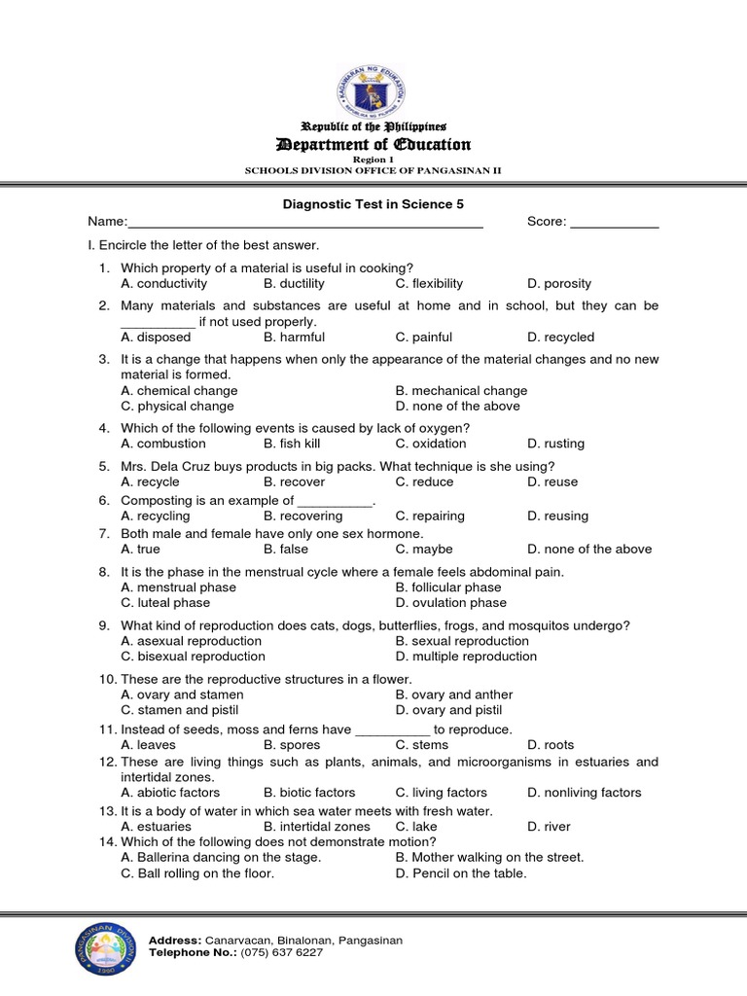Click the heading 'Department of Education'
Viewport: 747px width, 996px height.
pyautogui.click(x=373, y=145)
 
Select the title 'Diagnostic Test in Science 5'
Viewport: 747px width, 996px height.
pyautogui.click(x=373, y=203)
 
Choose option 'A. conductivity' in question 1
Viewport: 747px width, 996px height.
pyautogui.click(x=163, y=284)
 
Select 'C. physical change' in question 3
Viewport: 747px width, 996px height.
pyautogui.click(x=177, y=407)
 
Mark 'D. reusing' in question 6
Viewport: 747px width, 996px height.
pyautogui.click(x=557, y=516)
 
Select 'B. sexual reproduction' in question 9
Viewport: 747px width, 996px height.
pyautogui.click(x=462, y=641)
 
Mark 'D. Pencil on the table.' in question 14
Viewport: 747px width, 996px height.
pyautogui.click(x=461, y=873)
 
